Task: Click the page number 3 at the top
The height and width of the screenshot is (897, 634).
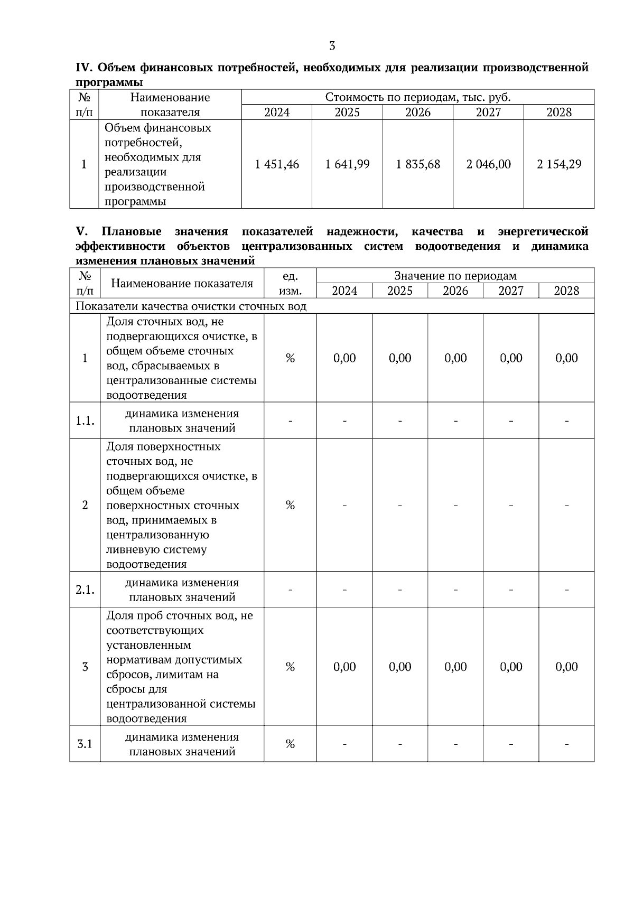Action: click(x=332, y=46)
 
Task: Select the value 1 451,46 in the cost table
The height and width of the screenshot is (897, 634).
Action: click(x=276, y=164)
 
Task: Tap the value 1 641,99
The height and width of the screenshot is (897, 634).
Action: click(x=347, y=164)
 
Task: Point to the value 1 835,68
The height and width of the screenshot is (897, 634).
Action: click(x=418, y=164)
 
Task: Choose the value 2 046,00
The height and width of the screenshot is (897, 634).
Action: click(x=488, y=164)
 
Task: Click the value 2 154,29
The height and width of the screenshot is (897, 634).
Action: click(x=559, y=164)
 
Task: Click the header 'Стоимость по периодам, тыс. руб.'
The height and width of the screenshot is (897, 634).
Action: click(x=417, y=97)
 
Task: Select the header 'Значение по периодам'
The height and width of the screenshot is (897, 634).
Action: click(x=455, y=276)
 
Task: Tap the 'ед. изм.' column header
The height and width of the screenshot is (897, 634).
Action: click(x=290, y=283)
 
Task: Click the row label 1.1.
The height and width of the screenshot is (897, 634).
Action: click(x=85, y=421)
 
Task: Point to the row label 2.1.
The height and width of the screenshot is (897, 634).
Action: click(x=85, y=590)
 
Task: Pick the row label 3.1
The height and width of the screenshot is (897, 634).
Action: click(x=85, y=744)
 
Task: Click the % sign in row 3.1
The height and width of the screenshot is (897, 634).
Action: click(x=290, y=744)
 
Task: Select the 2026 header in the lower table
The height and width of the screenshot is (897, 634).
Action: click(x=455, y=291)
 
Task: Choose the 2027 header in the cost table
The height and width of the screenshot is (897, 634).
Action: click(x=488, y=113)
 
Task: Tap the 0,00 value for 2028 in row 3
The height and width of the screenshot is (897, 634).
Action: click(x=566, y=667)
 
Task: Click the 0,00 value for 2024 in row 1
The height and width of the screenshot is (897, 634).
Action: click(x=344, y=358)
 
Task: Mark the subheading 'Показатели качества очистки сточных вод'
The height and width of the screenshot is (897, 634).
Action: click(x=191, y=306)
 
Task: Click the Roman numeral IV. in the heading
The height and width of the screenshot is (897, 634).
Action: click(x=84, y=68)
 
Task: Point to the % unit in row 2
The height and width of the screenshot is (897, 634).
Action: click(x=290, y=506)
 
